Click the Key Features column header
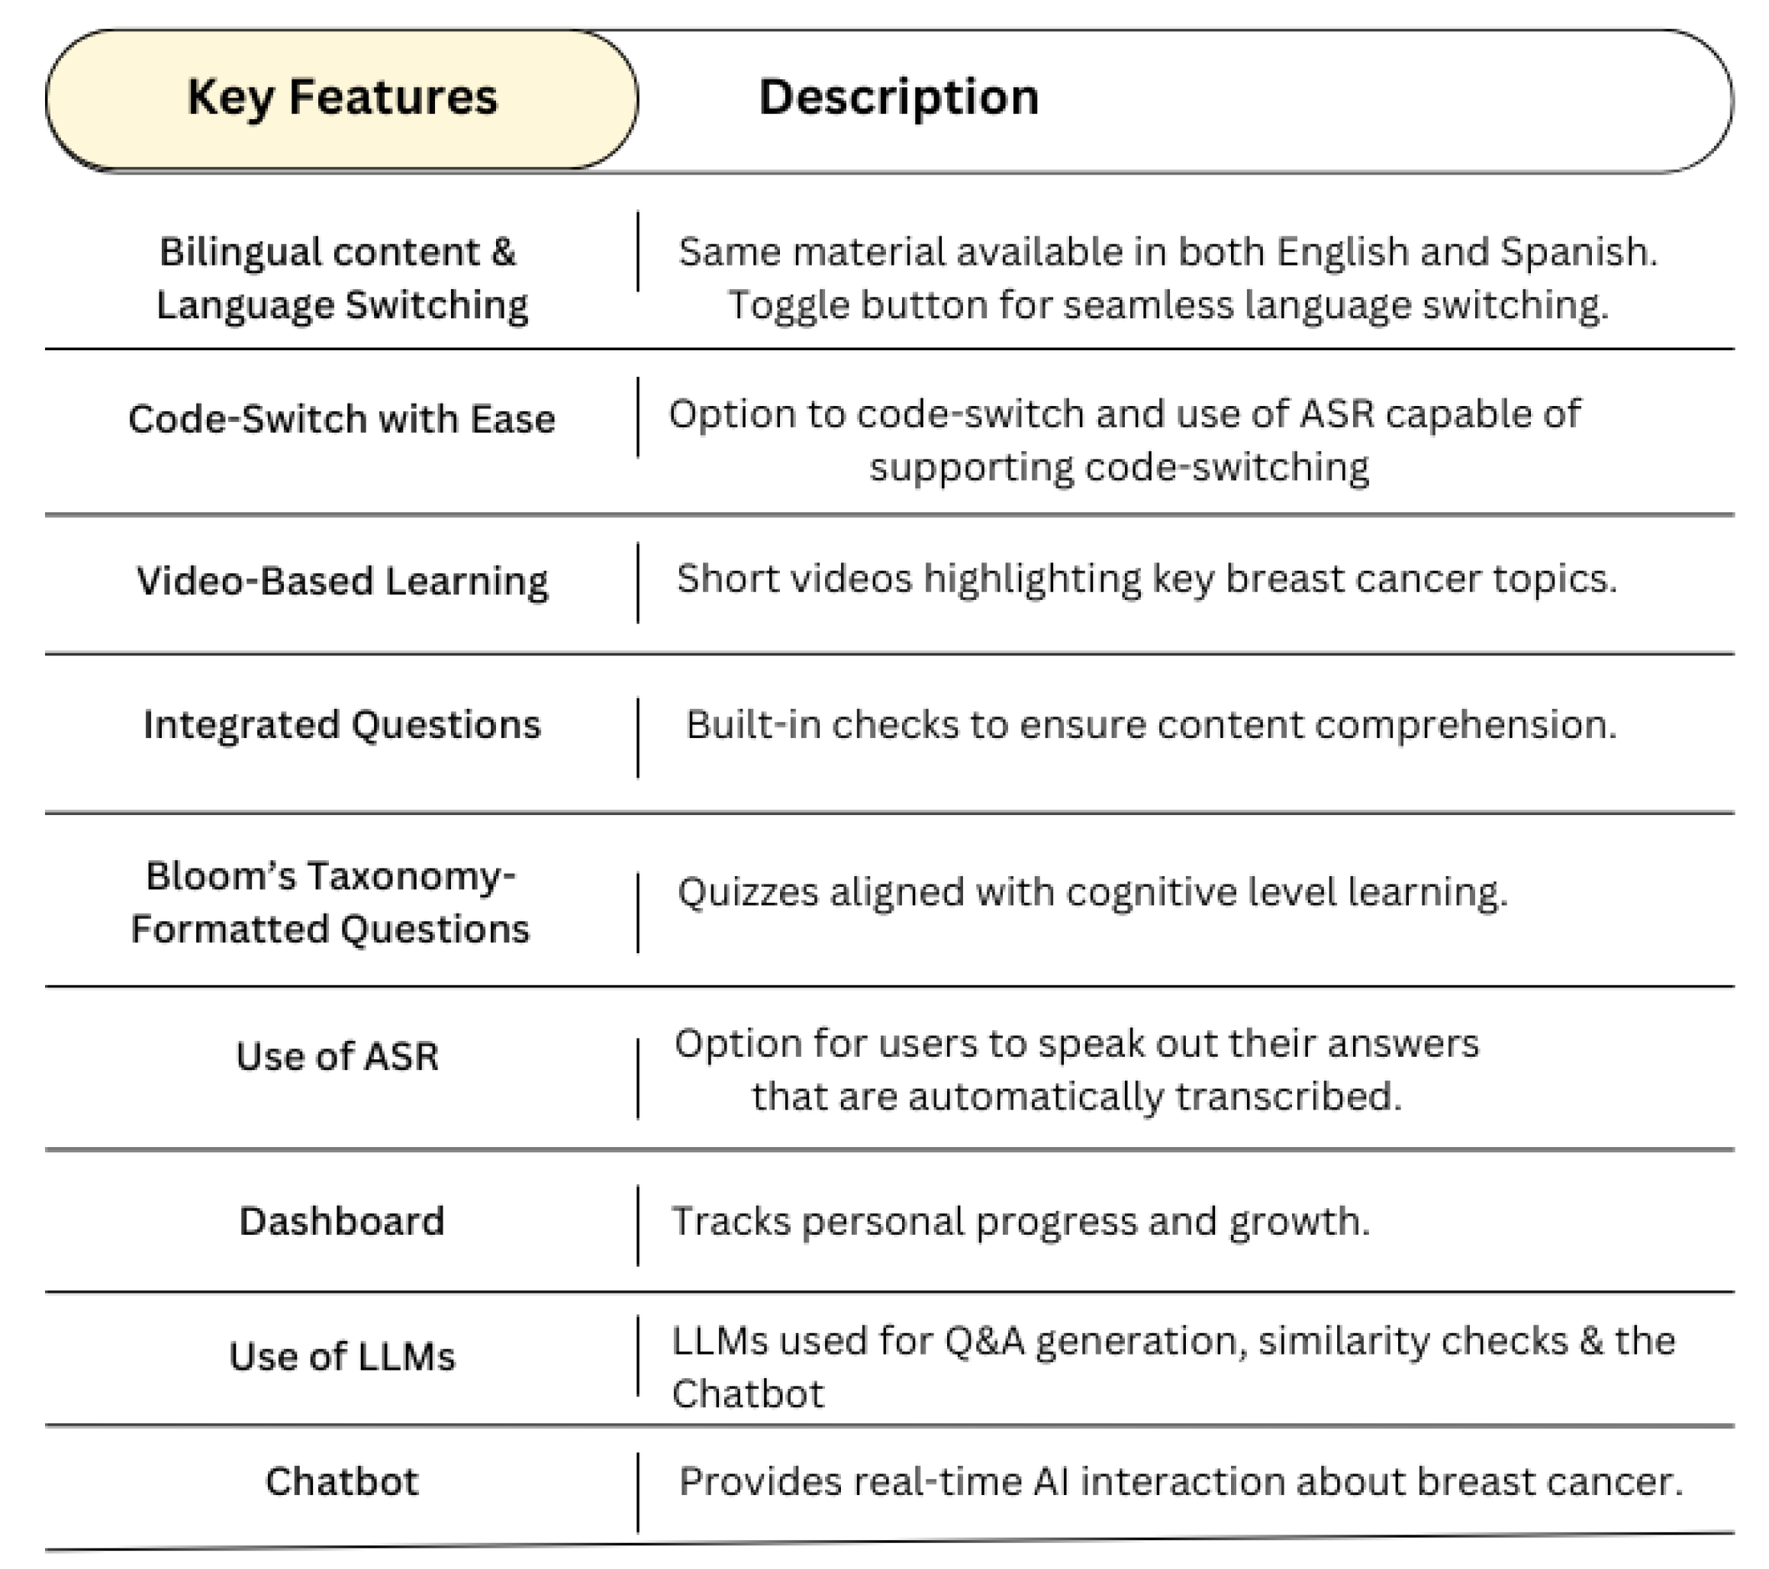tap(342, 97)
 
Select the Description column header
tap(898, 97)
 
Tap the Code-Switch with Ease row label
tap(341, 419)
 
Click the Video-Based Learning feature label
tap(342, 581)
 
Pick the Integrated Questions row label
tap(342, 724)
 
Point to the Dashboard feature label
tap(342, 1221)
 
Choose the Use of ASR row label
tap(337, 1056)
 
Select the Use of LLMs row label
tap(342, 1356)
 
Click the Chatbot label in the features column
tap(342, 1480)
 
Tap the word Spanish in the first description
tap(1577, 252)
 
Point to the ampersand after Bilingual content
tap(503, 252)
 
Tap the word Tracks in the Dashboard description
tap(730, 1221)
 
